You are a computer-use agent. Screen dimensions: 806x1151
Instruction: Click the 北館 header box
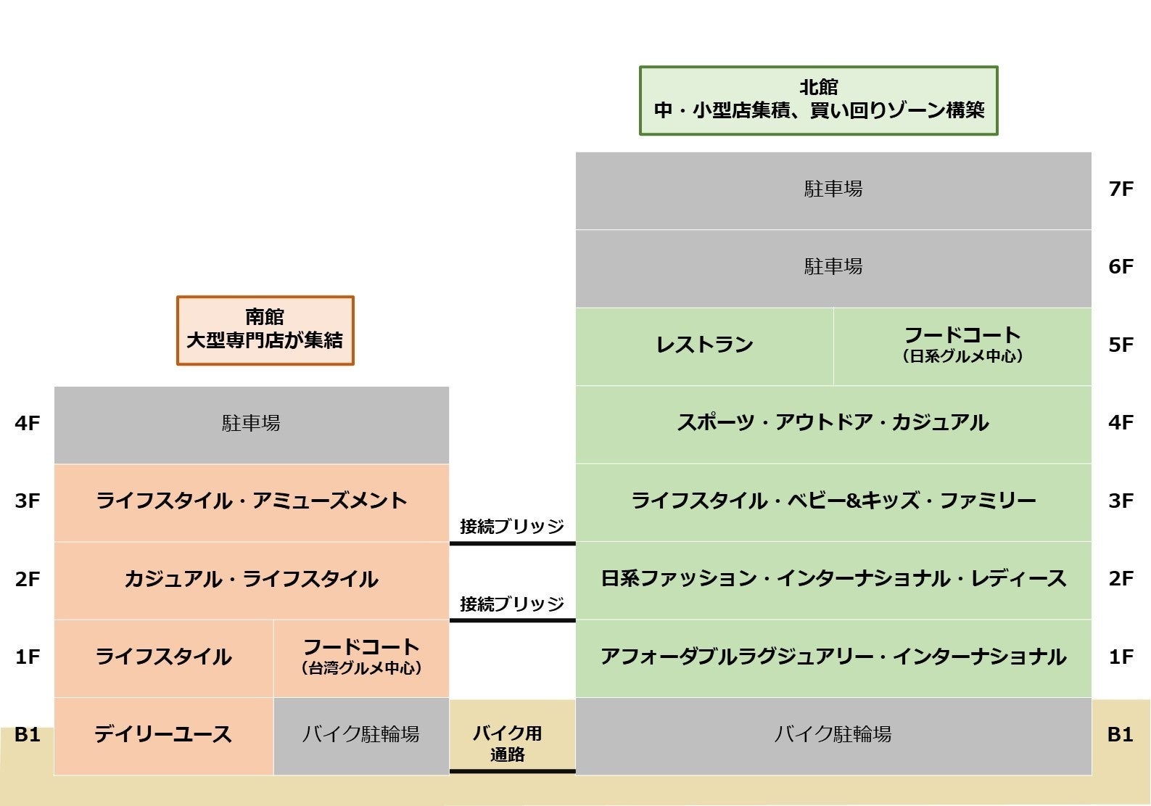[818, 100]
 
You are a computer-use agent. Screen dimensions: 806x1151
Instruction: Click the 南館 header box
[265, 330]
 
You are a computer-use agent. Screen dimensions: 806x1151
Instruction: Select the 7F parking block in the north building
[833, 190]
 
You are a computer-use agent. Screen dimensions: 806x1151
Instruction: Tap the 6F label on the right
[1121, 267]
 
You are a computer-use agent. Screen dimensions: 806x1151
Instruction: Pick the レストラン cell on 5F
[704, 345]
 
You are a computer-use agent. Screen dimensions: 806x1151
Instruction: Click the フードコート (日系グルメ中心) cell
[962, 345]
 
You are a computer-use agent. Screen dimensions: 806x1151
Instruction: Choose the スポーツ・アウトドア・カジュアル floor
[833, 423]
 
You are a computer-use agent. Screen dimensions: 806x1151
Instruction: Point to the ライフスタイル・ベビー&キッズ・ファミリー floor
[833, 501]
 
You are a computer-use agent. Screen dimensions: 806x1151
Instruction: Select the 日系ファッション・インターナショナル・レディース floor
[833, 579]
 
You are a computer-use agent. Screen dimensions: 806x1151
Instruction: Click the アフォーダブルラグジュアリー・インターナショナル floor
[833, 657]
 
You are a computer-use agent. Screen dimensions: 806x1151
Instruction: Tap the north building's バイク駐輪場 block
[833, 735]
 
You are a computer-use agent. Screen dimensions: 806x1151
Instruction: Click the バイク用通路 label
[508, 744]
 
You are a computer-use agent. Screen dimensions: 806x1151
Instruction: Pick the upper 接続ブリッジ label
[512, 527]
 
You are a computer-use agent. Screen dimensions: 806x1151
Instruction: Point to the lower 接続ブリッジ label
[512, 604]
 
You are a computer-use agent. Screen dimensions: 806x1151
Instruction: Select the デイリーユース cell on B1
[163, 735]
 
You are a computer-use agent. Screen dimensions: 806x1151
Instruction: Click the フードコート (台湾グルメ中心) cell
[361, 657]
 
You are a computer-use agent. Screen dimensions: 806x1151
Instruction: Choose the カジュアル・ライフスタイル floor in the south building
[251, 580]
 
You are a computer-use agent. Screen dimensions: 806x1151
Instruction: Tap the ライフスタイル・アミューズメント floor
[251, 501]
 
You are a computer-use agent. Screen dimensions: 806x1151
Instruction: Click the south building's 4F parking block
[251, 424]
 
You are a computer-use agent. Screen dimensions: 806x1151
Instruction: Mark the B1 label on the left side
[28, 735]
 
